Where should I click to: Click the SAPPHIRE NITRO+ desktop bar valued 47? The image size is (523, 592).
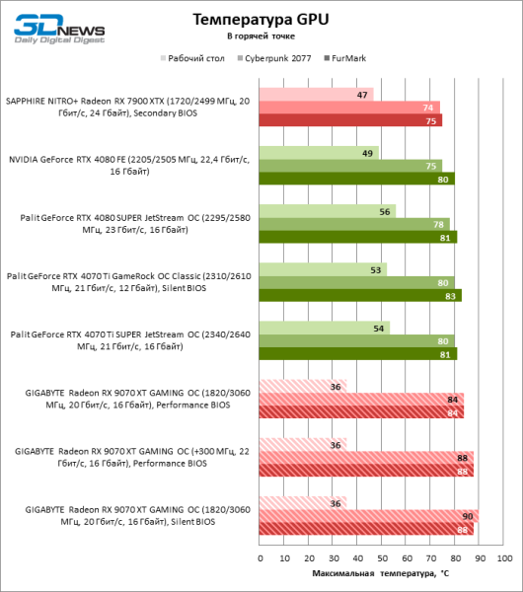[316, 95]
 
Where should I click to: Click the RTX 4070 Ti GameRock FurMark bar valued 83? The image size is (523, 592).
[360, 295]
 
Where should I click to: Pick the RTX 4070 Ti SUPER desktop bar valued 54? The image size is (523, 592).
[325, 328]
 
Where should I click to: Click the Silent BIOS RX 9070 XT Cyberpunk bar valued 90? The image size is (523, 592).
[369, 515]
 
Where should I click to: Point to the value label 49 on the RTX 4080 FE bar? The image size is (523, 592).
[368, 153]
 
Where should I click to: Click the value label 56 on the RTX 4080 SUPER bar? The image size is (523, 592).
[385, 211]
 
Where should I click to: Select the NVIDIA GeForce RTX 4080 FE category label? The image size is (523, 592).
[130, 165]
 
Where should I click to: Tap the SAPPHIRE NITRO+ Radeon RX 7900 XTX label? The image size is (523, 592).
[128, 107]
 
